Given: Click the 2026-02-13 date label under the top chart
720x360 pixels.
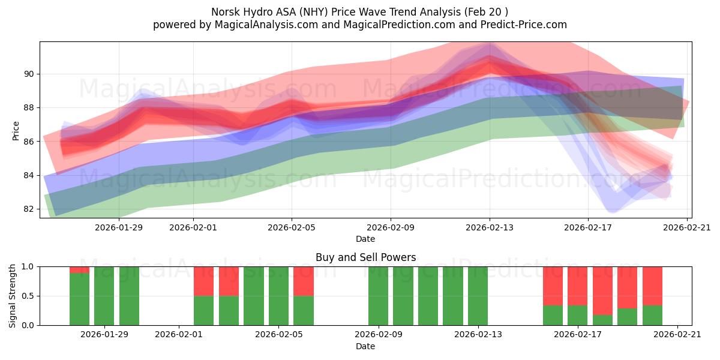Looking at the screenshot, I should tap(490, 227).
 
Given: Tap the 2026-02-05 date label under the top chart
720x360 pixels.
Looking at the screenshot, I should tap(292, 227).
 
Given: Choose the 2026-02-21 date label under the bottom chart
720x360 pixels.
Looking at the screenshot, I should tap(677, 335).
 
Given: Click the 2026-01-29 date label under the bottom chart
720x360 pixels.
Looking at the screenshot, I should tap(104, 335).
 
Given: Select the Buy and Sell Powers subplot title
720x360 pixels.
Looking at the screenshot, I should tap(365, 257).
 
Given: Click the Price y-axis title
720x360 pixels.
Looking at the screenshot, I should tap(16, 130).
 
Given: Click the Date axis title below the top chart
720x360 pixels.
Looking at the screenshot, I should tap(365, 239).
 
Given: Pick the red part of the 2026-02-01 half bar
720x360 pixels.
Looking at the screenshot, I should tap(203, 281).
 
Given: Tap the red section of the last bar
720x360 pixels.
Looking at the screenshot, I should tap(652, 286).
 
